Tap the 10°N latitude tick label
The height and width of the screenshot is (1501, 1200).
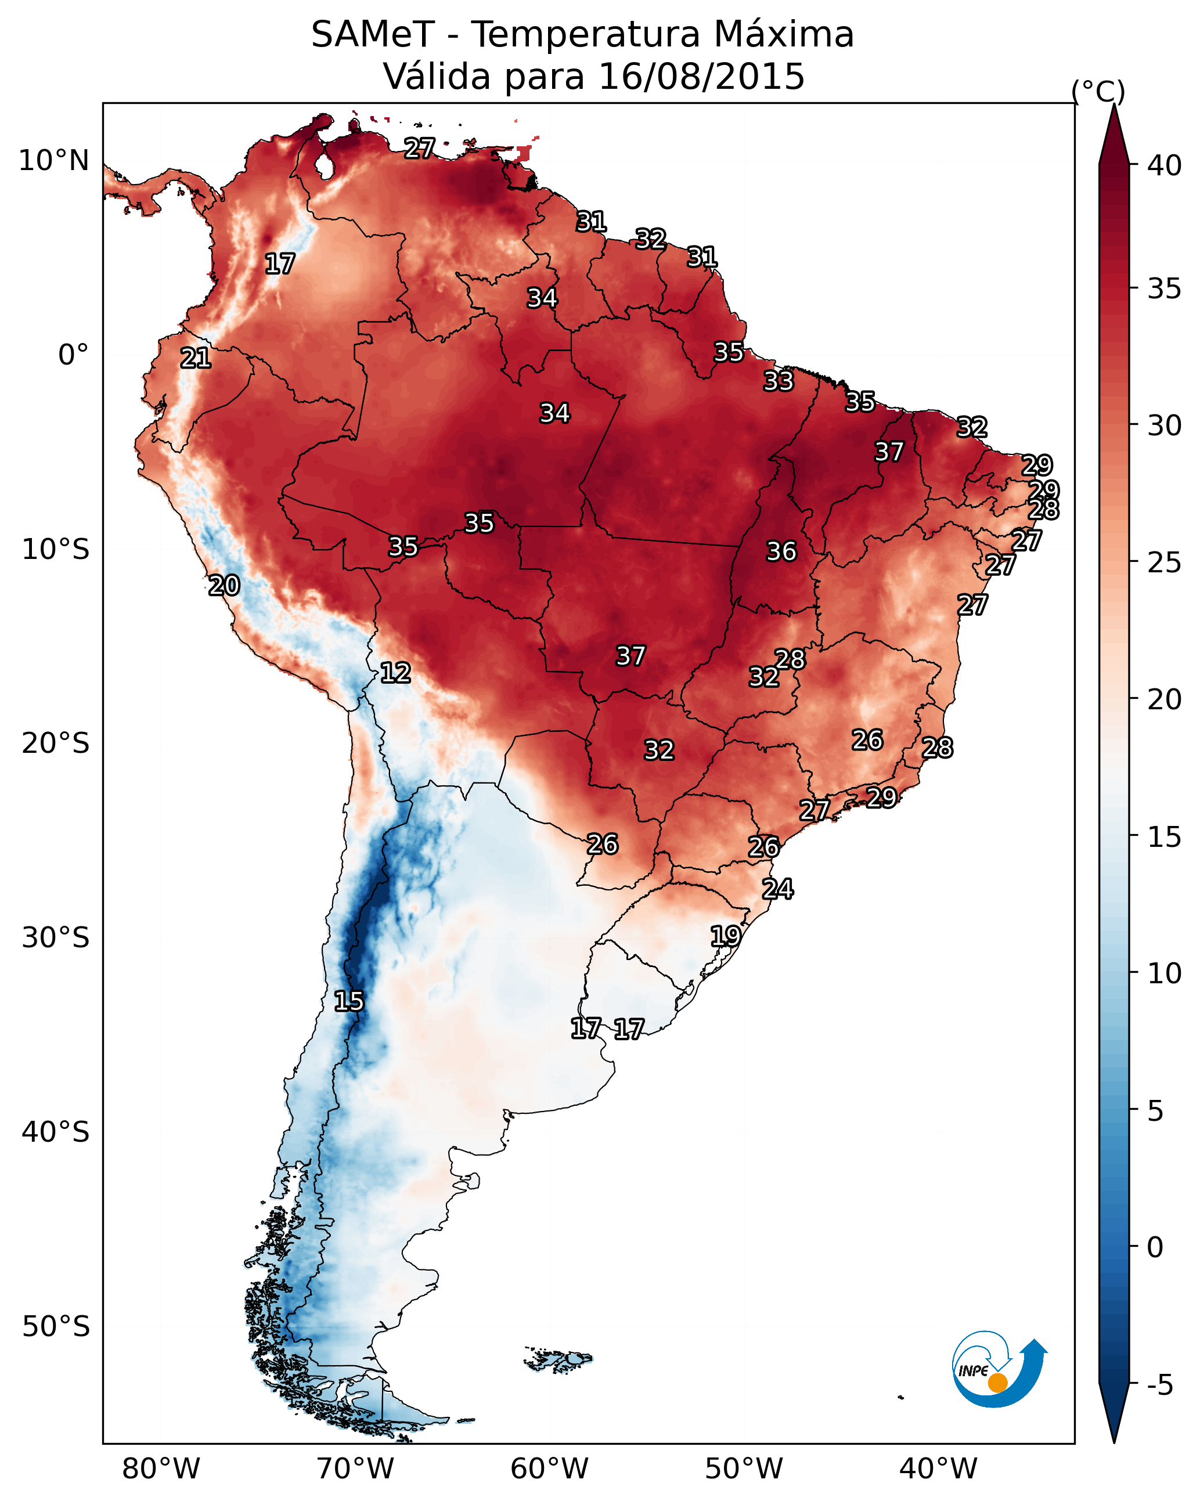click(53, 161)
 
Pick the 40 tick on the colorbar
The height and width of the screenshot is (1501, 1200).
click(1165, 165)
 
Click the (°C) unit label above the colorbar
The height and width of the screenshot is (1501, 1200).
click(1098, 91)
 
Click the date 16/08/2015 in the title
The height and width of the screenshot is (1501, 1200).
click(701, 77)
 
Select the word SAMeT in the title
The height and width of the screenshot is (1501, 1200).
click(373, 35)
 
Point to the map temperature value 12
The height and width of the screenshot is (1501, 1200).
click(395, 673)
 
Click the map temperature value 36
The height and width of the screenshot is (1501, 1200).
click(781, 551)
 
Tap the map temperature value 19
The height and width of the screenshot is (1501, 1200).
click(726, 936)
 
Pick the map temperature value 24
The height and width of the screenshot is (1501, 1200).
click(778, 889)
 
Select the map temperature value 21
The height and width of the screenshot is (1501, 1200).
click(196, 359)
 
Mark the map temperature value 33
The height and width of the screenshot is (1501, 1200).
click(779, 381)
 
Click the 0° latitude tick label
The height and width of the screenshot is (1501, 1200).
click(73, 355)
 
